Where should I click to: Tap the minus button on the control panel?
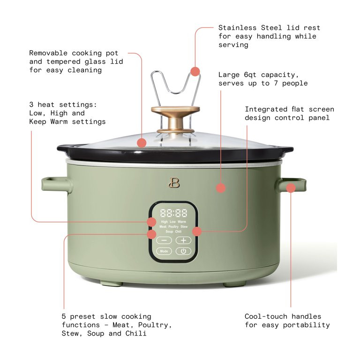coord(164,240)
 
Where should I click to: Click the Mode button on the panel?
coord(164,251)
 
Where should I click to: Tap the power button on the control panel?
coord(183,251)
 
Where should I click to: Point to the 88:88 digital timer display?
coord(173,212)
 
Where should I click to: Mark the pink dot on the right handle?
coord(291,187)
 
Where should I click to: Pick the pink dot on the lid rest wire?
coord(195,71)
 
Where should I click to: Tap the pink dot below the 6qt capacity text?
coord(220,187)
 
